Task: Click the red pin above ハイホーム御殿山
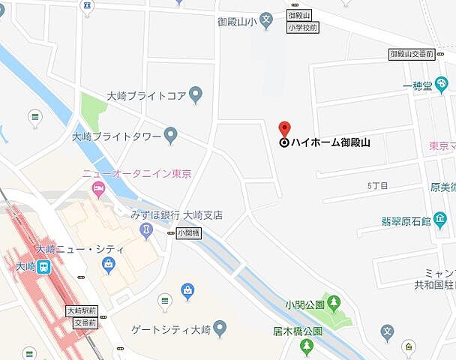[x=284, y=127]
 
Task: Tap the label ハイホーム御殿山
[x=330, y=142]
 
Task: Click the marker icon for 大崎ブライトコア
[x=196, y=95]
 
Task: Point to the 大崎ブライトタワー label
[x=116, y=136]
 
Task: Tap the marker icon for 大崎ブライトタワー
[x=171, y=136]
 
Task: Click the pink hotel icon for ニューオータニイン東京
[x=98, y=191]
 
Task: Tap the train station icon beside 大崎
[x=45, y=266]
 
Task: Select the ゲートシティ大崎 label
[x=170, y=328]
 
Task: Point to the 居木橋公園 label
[x=297, y=331]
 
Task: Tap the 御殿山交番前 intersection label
[x=412, y=54]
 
